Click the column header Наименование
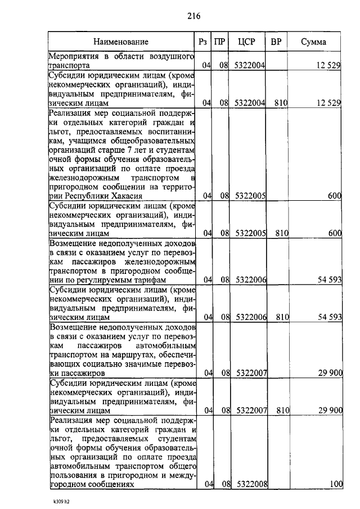coord(121,42)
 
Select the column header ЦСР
coord(247,42)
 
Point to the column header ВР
coord(276,42)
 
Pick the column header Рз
coord(204,42)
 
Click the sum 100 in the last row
coord(336,484)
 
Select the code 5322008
coord(251,484)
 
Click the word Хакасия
coord(123,196)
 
